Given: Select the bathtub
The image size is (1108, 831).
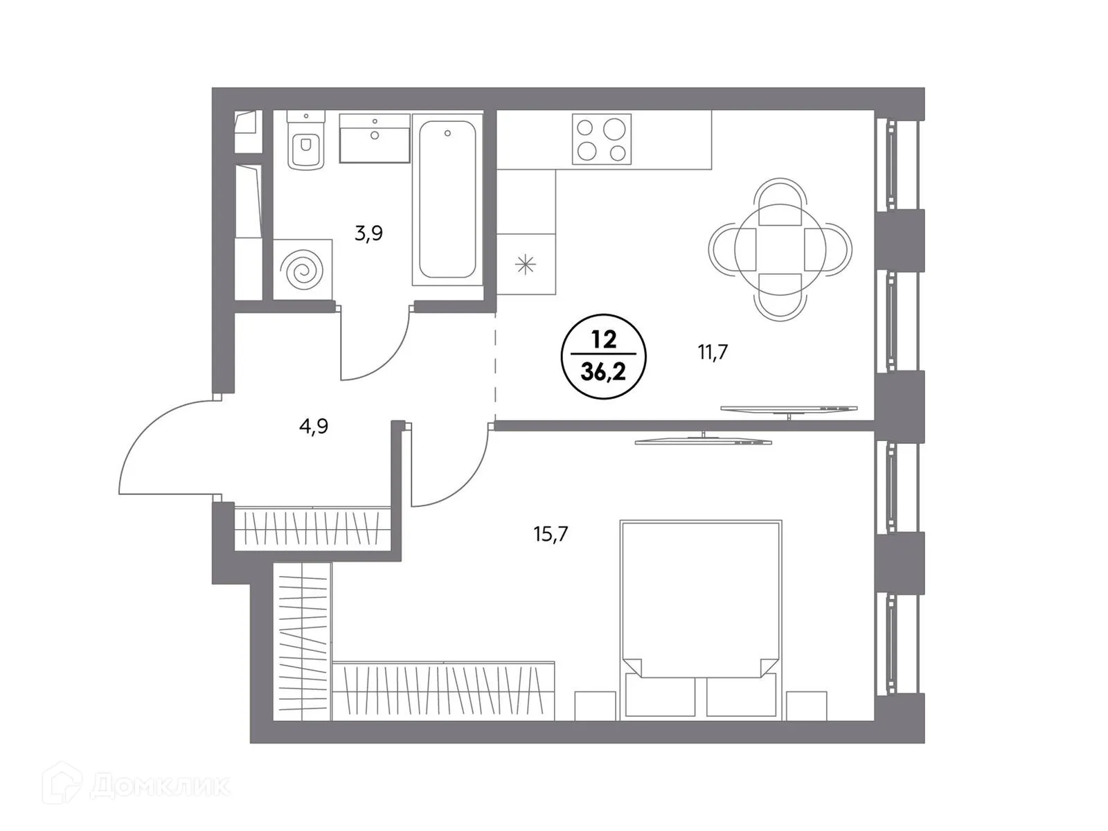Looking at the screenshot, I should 447,201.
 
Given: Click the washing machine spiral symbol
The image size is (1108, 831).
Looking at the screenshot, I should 303,269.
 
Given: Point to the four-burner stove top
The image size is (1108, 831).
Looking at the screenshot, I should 601,139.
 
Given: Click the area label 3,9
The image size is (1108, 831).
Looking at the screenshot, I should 368,233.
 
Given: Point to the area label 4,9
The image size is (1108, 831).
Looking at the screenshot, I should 314,427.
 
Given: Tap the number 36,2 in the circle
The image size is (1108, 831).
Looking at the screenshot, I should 603,373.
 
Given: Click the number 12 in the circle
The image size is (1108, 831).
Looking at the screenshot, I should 603,339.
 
